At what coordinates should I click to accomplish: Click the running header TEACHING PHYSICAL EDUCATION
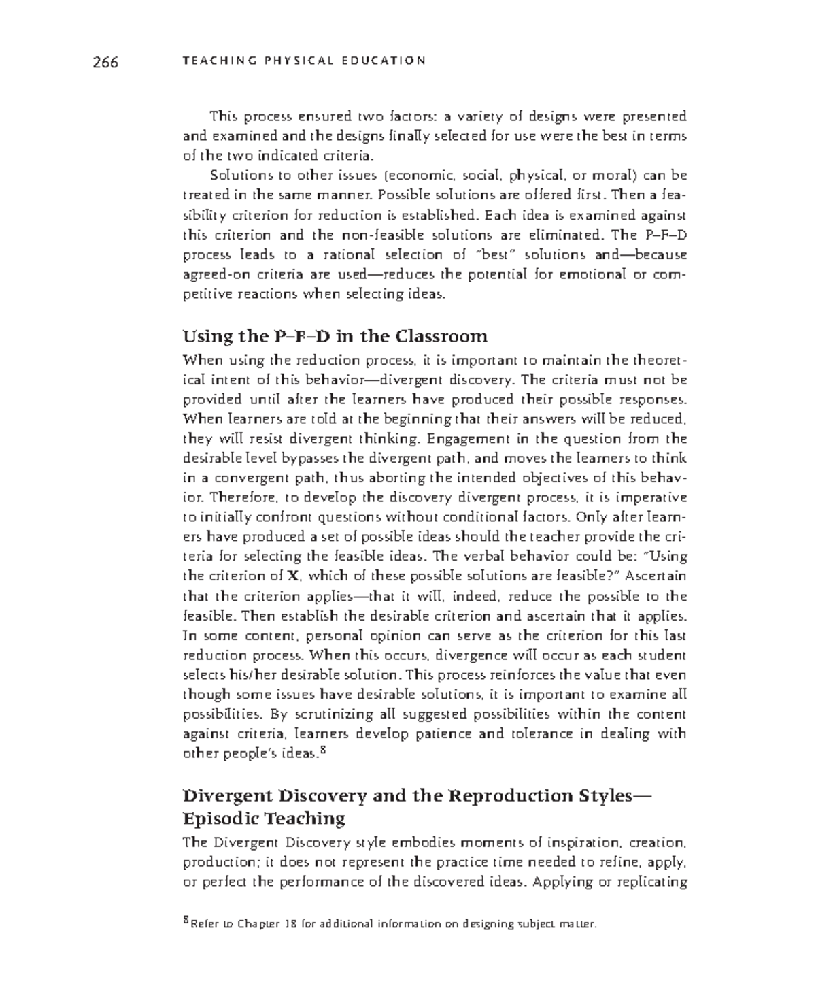pyautogui.click(x=304, y=61)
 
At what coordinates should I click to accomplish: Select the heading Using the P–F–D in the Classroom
pyautogui.click(x=335, y=336)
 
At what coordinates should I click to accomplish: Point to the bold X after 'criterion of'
pyautogui.click(x=293, y=576)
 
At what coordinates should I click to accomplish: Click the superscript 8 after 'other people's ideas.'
pyautogui.click(x=324, y=752)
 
